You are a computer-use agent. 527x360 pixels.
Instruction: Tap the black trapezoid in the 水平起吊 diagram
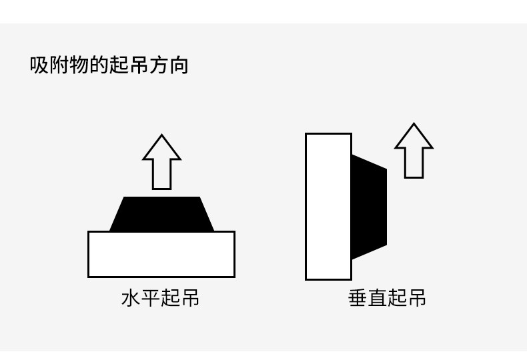161,214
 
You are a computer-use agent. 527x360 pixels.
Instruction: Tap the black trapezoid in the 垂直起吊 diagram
368,207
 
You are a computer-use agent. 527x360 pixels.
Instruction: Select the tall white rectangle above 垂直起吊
328,207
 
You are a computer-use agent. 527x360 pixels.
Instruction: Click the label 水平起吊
160,297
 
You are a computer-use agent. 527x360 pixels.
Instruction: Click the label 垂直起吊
387,297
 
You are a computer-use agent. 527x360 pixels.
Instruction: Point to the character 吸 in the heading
39,65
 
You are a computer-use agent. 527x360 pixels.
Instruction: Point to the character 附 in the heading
59,65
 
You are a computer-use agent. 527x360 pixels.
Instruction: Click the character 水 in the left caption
131,297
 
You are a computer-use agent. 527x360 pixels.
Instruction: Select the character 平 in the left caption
151,297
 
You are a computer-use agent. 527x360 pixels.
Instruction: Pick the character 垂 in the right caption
358,297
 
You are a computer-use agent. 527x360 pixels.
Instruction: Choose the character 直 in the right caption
378,297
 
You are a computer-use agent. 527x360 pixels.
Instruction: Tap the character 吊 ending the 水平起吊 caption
190,297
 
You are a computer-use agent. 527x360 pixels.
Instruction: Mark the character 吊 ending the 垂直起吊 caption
417,297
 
